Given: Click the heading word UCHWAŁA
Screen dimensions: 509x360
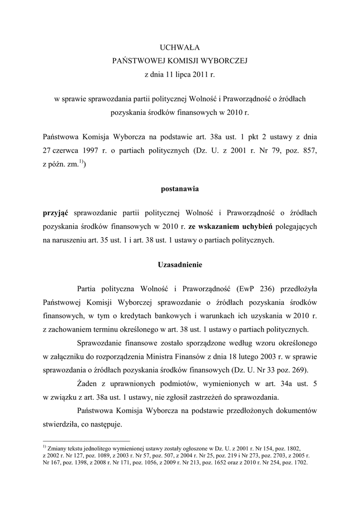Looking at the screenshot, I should point(180,48).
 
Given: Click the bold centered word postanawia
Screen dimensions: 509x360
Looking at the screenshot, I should point(180,189).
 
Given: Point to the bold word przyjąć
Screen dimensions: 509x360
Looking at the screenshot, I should point(55,213).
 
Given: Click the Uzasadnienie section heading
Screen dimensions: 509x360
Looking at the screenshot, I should point(180,265).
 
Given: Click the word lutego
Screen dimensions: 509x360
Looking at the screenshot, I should point(273,356).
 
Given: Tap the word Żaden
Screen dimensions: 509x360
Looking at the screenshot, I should point(89,383).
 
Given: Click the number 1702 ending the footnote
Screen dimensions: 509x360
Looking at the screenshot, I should point(299,462).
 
